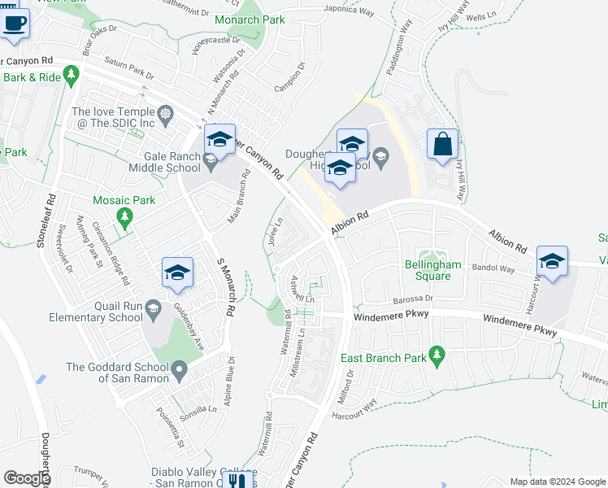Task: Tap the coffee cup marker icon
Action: click(14, 23)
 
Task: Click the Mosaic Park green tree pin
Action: click(124, 217)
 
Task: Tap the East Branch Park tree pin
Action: click(438, 355)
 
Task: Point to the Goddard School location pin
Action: click(179, 372)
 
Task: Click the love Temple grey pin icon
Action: click(165, 113)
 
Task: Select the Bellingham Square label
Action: click(433, 271)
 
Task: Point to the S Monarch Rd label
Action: click(226, 288)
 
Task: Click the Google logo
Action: click(26, 479)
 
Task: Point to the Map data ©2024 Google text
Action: click(558, 481)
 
